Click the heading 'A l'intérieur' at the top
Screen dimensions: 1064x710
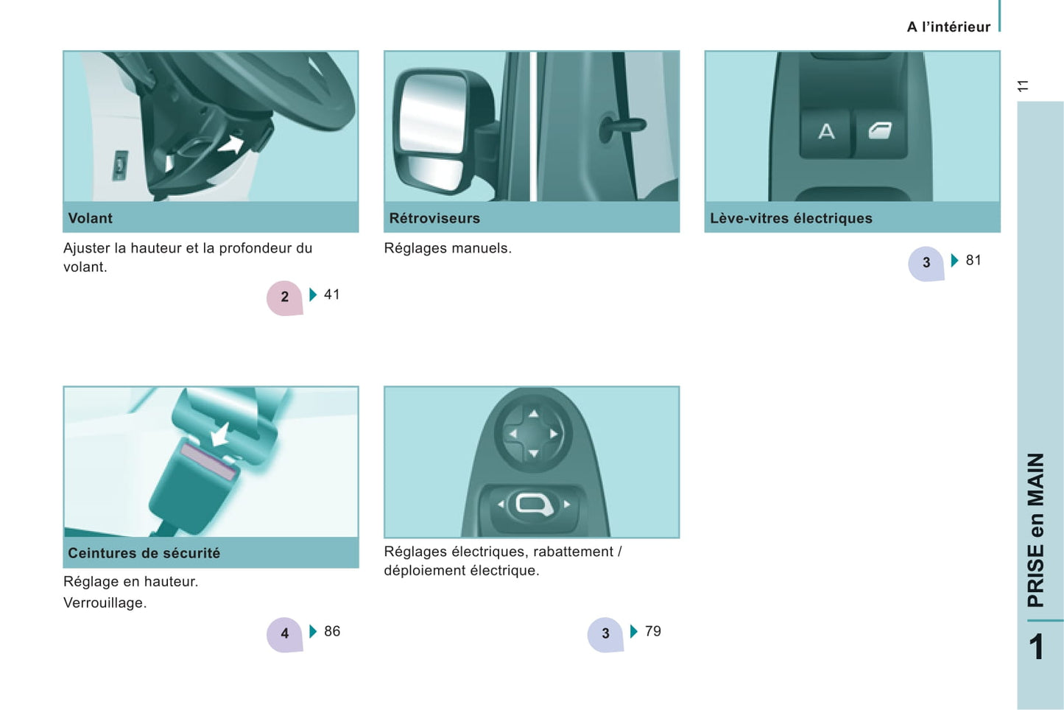(948, 27)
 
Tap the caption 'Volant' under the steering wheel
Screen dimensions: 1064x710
(91, 218)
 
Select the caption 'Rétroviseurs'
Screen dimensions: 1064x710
(434, 218)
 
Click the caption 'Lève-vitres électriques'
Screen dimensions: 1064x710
(791, 218)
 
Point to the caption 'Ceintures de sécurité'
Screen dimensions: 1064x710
(144, 552)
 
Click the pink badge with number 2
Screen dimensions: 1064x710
(284, 298)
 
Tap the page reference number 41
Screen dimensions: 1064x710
(332, 295)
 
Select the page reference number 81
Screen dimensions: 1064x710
(973, 260)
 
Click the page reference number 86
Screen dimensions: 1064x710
(332, 631)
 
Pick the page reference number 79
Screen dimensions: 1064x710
(653, 631)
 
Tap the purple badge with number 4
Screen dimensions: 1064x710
(284, 634)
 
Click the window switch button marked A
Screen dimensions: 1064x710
(825, 133)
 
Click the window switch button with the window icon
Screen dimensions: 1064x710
(880, 133)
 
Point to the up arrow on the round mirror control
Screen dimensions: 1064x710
(533, 414)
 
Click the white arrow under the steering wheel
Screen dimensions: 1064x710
(232, 144)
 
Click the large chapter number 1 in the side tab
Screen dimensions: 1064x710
(1037, 647)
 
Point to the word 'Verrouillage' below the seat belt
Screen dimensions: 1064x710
(104, 602)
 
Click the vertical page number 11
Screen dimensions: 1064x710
(1024, 86)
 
